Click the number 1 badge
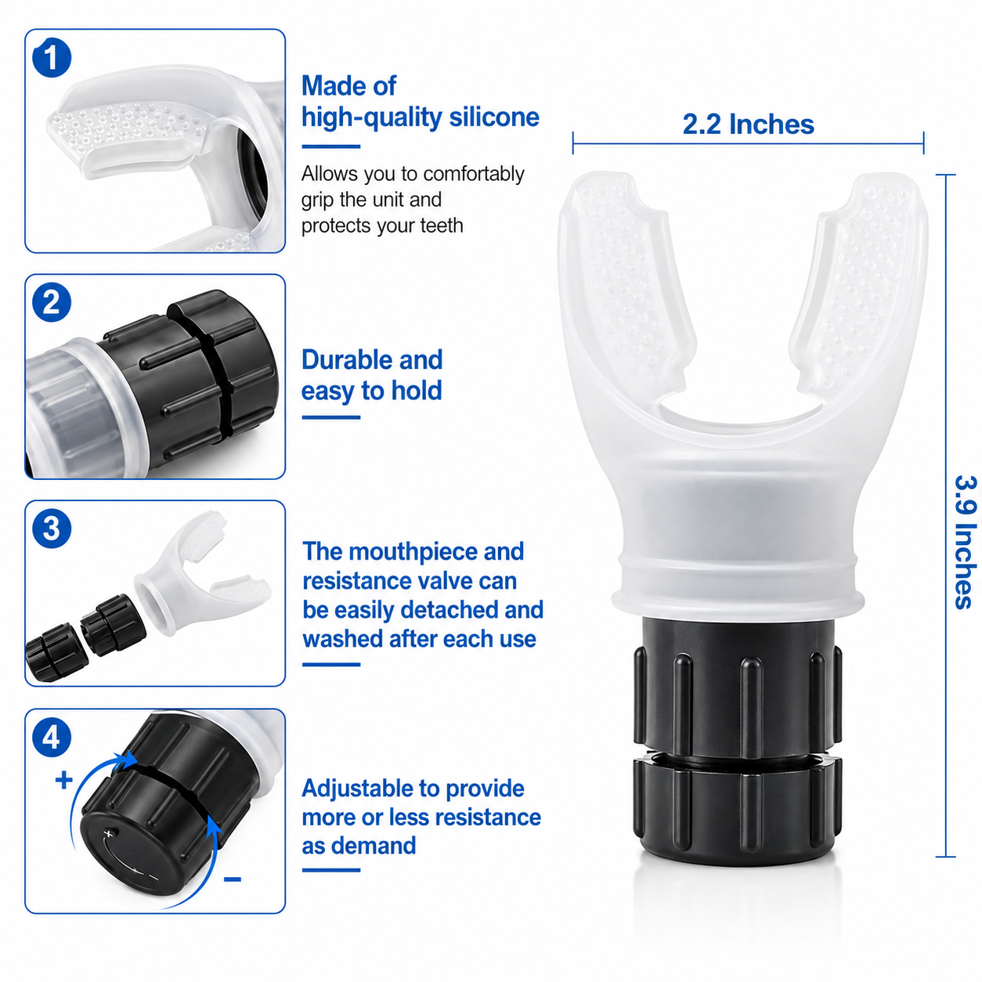52,58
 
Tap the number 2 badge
52,302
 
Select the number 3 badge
52,529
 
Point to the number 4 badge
52,737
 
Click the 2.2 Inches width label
748,125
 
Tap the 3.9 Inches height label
966,542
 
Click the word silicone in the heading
494,117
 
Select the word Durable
347,359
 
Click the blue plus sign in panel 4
63,780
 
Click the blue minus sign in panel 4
233,879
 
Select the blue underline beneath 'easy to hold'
330,417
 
